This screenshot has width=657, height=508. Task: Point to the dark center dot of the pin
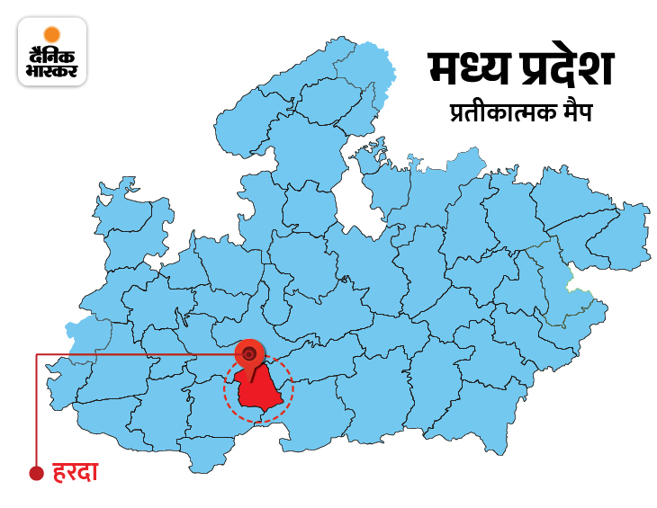248,352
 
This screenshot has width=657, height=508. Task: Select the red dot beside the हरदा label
36,473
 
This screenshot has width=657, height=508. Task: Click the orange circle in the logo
52,35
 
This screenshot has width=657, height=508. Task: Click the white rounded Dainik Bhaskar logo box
52,52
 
